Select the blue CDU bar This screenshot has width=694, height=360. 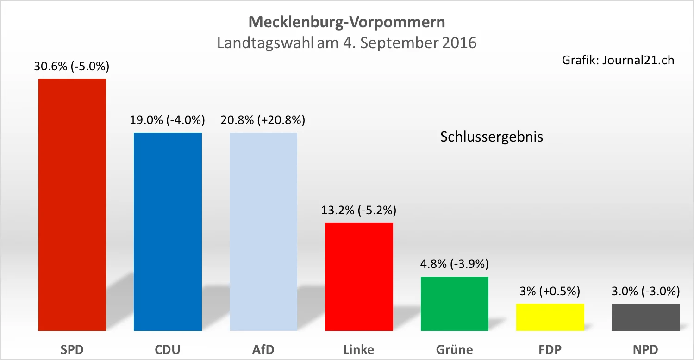pyautogui.click(x=168, y=231)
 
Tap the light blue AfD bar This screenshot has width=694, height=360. pyautogui.click(x=263, y=231)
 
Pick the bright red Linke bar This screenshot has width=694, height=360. pyautogui.click(x=359, y=276)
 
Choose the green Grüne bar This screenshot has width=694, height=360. pyautogui.click(x=454, y=303)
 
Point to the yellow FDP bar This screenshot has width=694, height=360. pyautogui.click(x=550, y=317)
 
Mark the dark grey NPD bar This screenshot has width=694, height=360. pyautogui.click(x=645, y=317)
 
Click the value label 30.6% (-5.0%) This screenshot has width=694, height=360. pyautogui.click(x=72, y=67)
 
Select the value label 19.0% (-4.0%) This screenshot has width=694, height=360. pyautogui.click(x=167, y=120)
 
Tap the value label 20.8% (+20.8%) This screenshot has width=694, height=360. pyautogui.click(x=263, y=120)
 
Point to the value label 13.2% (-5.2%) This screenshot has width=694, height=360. pyautogui.click(x=359, y=211)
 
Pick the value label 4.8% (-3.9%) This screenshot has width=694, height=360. pyautogui.click(x=454, y=264)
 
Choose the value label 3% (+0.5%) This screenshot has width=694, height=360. pyautogui.click(x=550, y=291)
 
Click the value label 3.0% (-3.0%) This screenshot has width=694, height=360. pyautogui.click(x=645, y=291)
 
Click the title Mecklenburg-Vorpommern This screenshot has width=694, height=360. pyautogui.click(x=347, y=22)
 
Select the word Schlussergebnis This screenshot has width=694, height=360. pyautogui.click(x=491, y=137)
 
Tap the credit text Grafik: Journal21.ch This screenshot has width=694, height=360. pyautogui.click(x=618, y=60)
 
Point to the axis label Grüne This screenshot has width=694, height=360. pyautogui.click(x=454, y=349)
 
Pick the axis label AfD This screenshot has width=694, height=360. pyautogui.click(x=263, y=349)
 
